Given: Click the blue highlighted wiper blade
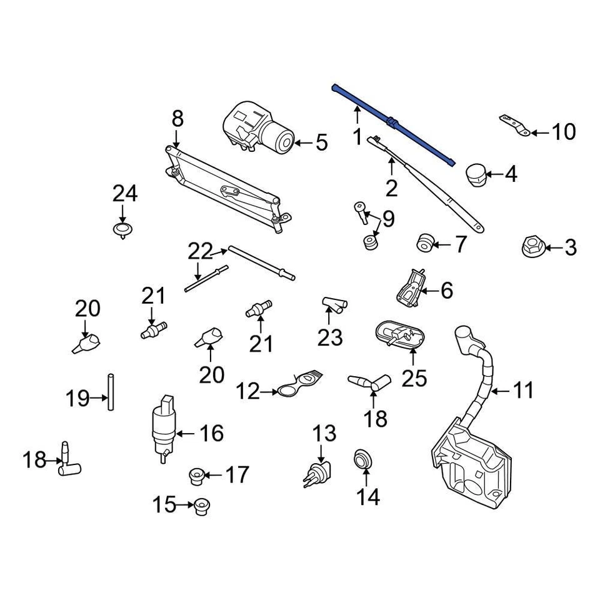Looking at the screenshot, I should coord(392,122).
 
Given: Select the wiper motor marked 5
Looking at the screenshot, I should coord(257,129).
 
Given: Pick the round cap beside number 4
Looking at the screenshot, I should coord(478,174).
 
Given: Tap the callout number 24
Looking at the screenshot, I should coord(124,194).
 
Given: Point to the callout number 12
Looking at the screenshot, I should coord(247,392).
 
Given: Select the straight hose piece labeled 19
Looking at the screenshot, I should coord(111,392).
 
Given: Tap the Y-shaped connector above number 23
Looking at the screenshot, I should coord(333,304).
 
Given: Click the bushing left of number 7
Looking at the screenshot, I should coord(426,242).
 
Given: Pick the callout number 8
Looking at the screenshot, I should coord(177,117).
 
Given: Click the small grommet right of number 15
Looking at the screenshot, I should coord(200,505).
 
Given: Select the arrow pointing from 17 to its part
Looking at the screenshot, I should coord(212,476).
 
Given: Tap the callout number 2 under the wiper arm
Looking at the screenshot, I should coord(391,187).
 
